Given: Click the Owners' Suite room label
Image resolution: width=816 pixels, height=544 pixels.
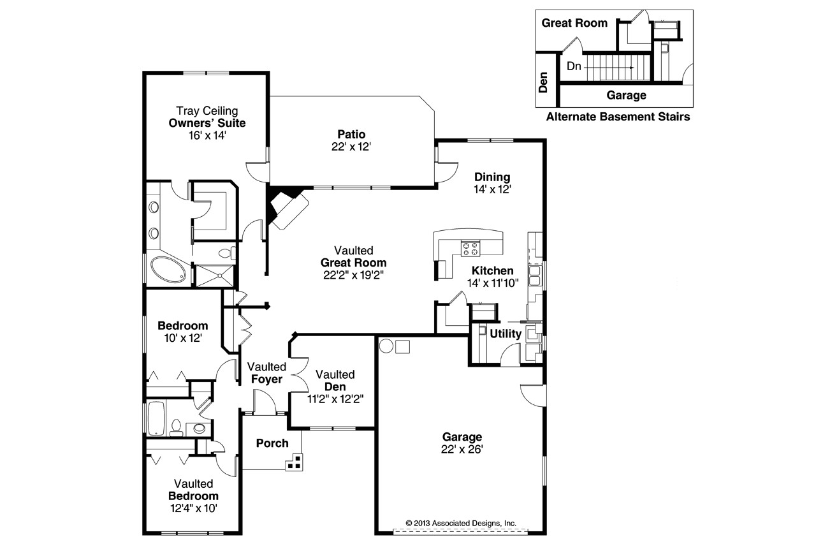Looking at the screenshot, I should point(207,123).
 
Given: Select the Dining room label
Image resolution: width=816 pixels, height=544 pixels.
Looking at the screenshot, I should point(492,177).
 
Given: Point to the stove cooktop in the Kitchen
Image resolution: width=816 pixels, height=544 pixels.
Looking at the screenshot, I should point(470,247).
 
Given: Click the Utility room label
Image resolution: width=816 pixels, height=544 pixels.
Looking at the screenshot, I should point(506,333).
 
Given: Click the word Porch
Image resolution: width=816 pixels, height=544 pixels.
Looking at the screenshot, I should point(272,443).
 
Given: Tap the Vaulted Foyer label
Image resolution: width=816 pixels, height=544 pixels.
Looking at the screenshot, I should point(266,373).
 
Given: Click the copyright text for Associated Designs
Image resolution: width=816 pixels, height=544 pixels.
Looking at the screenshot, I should point(461,522).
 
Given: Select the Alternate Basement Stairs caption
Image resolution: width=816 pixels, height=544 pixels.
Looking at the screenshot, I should point(618,117).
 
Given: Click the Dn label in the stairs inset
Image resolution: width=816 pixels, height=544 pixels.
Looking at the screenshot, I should point(573,66).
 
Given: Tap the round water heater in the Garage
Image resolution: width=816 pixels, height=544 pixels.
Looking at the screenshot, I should point(386,346).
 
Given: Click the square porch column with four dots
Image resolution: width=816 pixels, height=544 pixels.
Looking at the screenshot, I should point(294,462).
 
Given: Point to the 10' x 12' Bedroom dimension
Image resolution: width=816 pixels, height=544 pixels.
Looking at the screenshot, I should point(183,338).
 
